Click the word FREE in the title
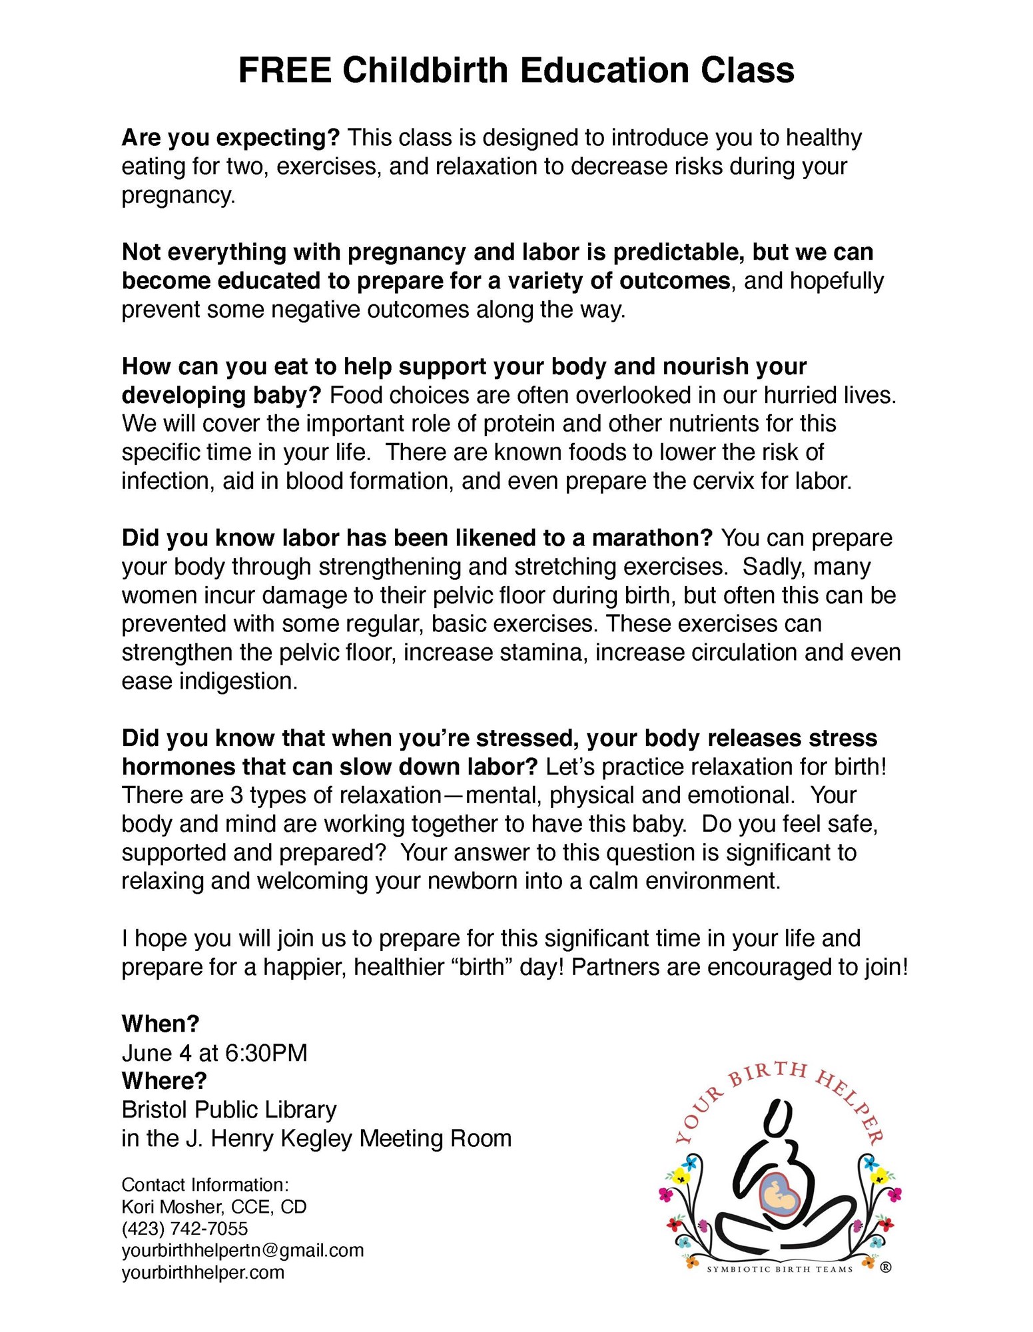[x=284, y=71]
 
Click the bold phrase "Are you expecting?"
[x=230, y=138]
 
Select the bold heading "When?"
[x=161, y=1024]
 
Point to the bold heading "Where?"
[x=164, y=1080]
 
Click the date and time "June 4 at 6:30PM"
[x=214, y=1052]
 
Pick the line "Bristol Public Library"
[x=229, y=1110]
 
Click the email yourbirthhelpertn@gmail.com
[x=242, y=1250]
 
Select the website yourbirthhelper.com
[x=202, y=1272]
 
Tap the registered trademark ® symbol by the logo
[x=885, y=1267]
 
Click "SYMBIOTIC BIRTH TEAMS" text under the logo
[x=779, y=1269]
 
